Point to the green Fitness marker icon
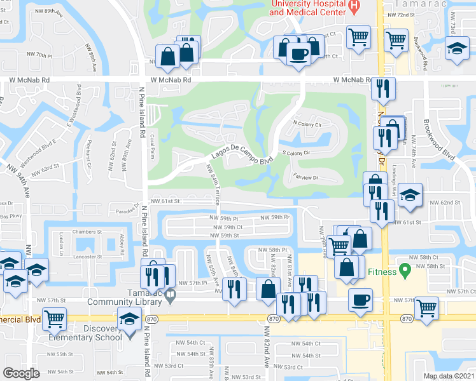point(403,272)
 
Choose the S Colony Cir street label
point(296,153)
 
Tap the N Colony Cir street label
point(307,124)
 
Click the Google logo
point(22,373)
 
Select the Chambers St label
point(87,232)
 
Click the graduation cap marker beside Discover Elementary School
point(129,318)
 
